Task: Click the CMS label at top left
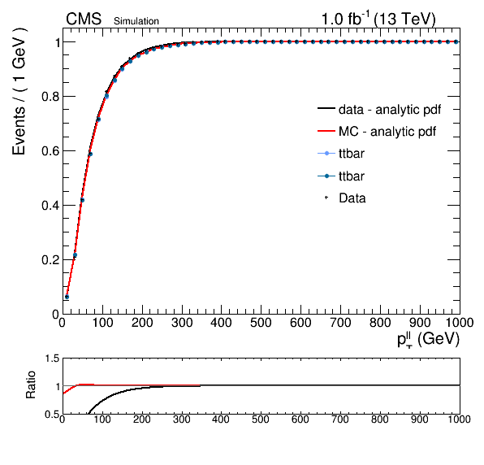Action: [x=84, y=20]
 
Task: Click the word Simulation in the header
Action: [x=136, y=21]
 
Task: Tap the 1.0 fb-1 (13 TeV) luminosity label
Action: [x=378, y=19]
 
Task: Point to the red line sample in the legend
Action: [x=326, y=131]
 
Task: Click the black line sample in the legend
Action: [x=326, y=108]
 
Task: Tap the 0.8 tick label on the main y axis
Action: [x=50, y=97]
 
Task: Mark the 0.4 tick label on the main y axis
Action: [x=50, y=206]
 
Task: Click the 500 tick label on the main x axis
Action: [x=261, y=323]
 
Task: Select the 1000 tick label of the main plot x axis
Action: [x=460, y=323]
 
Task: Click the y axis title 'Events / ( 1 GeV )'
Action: [x=19, y=91]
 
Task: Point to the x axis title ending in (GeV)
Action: [x=428, y=340]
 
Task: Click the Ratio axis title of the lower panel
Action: [x=31, y=385]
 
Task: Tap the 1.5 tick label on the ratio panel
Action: [x=52, y=359]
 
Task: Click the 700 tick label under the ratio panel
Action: [x=340, y=419]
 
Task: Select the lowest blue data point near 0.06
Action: [x=67, y=297]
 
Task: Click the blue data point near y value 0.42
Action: [x=82, y=200]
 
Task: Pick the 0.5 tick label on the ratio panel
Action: [x=52, y=414]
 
